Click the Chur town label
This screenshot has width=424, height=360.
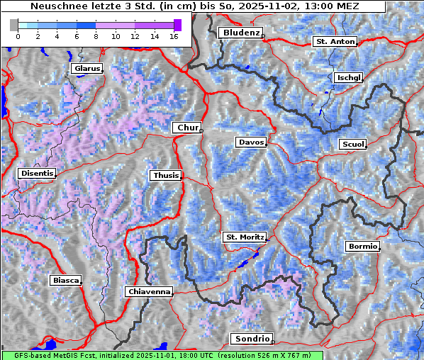(187, 128)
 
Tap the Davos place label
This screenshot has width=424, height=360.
(251, 142)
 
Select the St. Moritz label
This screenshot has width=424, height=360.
(245, 237)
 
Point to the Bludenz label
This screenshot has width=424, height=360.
(240, 33)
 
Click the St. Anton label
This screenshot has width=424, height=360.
(334, 42)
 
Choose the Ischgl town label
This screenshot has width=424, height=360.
(348, 77)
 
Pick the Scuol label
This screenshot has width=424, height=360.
(352, 145)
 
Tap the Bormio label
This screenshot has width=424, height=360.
(362, 247)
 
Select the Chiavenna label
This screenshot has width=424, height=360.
(149, 291)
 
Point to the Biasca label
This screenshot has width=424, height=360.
(65, 281)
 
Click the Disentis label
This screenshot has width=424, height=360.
(36, 173)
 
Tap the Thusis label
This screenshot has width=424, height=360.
(165, 175)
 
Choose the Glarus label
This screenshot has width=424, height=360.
(86, 69)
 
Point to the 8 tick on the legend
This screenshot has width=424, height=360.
(96, 36)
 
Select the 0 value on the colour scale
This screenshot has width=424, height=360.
(18, 36)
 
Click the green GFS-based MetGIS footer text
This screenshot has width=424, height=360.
(162, 355)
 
